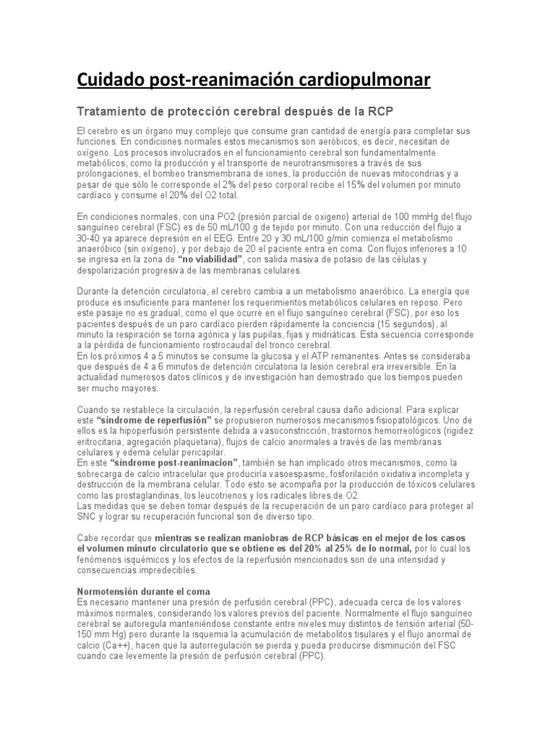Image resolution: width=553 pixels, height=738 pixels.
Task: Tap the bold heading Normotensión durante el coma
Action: (143, 591)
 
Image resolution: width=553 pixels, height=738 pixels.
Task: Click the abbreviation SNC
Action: (86, 516)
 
